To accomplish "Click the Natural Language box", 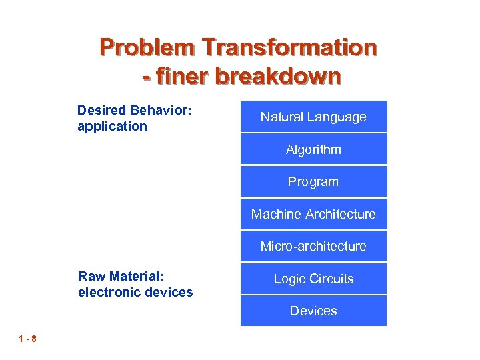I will (313, 117).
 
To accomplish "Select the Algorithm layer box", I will (313, 149).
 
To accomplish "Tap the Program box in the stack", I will (313, 181).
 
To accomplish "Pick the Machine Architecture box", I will (313, 214).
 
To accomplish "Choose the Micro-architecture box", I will (313, 246).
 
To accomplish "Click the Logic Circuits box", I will (313, 279).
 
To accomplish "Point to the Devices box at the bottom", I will (313, 311).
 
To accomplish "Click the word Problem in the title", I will (147, 48).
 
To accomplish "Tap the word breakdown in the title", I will (279, 76).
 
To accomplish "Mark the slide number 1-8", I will (28, 339).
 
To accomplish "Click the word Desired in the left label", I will (101, 109).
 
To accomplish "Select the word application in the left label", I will (112, 126).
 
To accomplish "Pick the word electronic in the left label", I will (107, 292).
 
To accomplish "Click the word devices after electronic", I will (166, 292).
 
